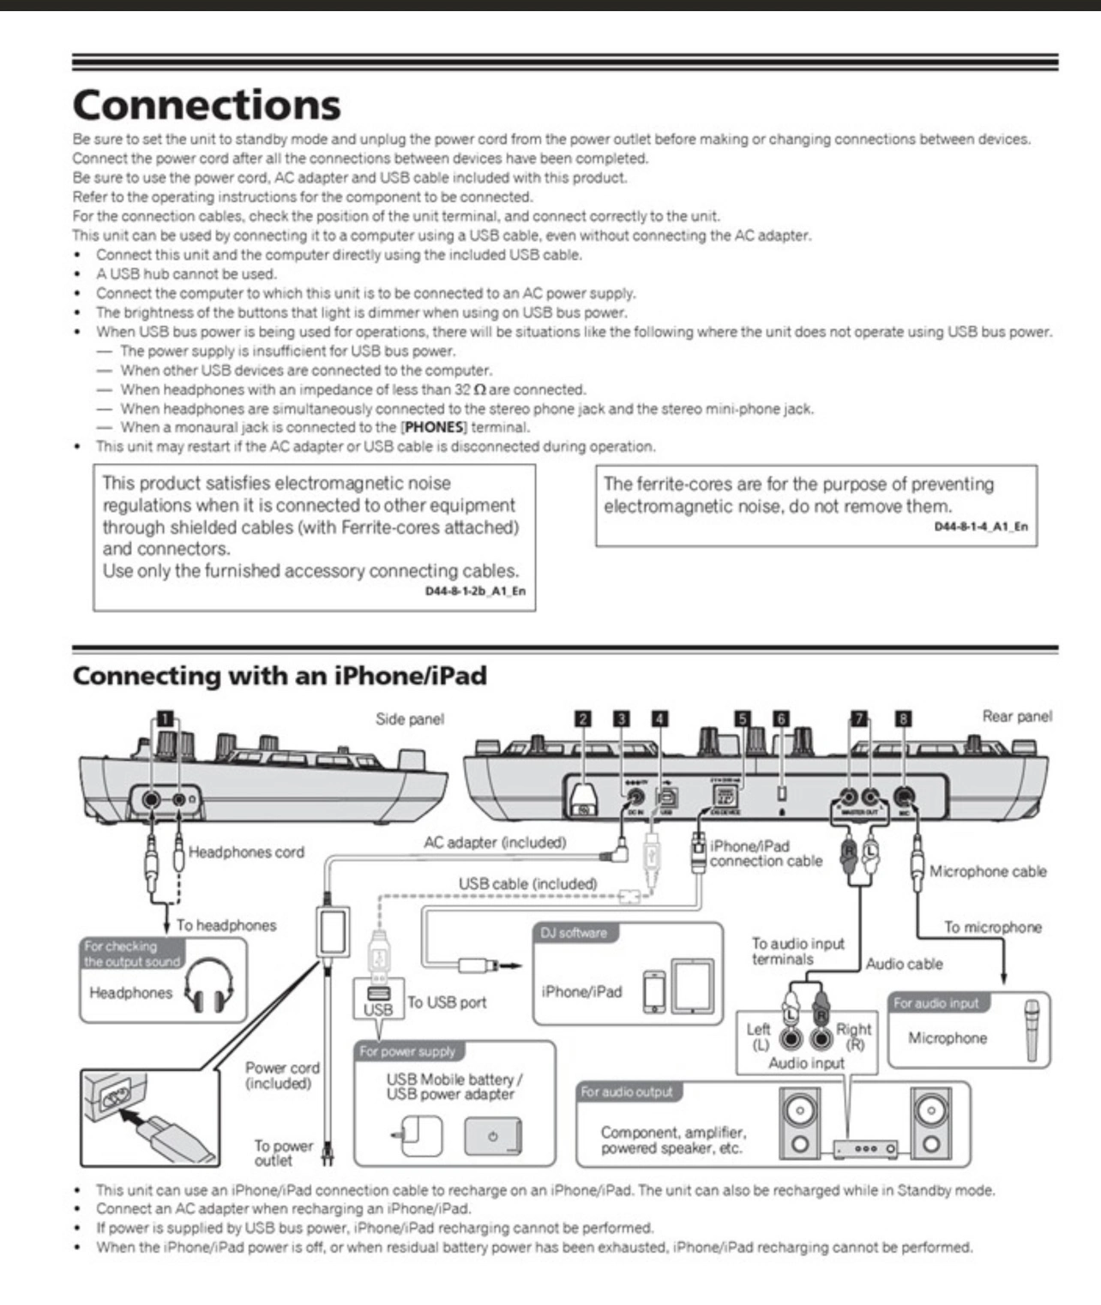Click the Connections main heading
[207, 105]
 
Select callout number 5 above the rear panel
[743, 719]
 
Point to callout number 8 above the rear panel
[903, 719]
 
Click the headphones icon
[210, 985]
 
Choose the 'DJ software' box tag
[574, 933]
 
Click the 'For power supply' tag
[407, 1051]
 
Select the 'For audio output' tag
[627, 1092]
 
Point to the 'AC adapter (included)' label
[495, 843]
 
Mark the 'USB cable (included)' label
[527, 884]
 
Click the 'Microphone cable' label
[988, 871]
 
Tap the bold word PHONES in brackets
[435, 427]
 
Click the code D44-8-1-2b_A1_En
[475, 591]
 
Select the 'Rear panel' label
[1017, 716]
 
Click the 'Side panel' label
[410, 719]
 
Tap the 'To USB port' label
[447, 1002]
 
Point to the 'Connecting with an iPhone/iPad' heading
[280, 676]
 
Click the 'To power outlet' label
[282, 1153]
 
